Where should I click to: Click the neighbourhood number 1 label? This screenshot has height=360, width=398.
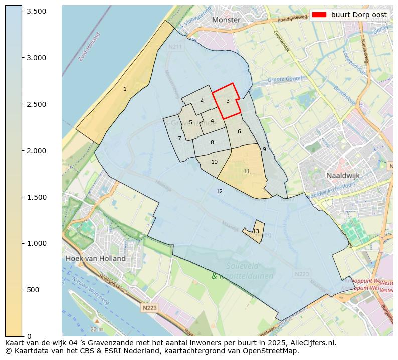pos(125,89)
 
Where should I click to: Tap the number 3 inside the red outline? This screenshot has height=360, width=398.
pos(228,101)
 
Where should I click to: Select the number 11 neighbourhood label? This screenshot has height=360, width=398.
pos(246,171)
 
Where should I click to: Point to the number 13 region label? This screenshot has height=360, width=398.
pos(256,231)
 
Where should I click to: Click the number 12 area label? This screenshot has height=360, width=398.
pos(219,191)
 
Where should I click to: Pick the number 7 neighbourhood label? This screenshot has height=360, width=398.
pos(179,138)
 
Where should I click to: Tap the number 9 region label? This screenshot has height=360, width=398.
pos(264,149)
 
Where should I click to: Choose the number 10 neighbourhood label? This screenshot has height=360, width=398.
pos(214,162)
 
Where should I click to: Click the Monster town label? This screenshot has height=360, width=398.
pos(226,20)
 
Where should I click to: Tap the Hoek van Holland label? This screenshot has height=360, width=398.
pos(95,258)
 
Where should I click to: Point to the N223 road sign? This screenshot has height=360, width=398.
pos(149,308)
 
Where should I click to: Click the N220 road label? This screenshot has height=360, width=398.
pos(302,274)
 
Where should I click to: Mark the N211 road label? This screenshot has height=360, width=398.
pos(175,47)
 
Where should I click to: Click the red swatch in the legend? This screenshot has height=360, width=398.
pos(319,15)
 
